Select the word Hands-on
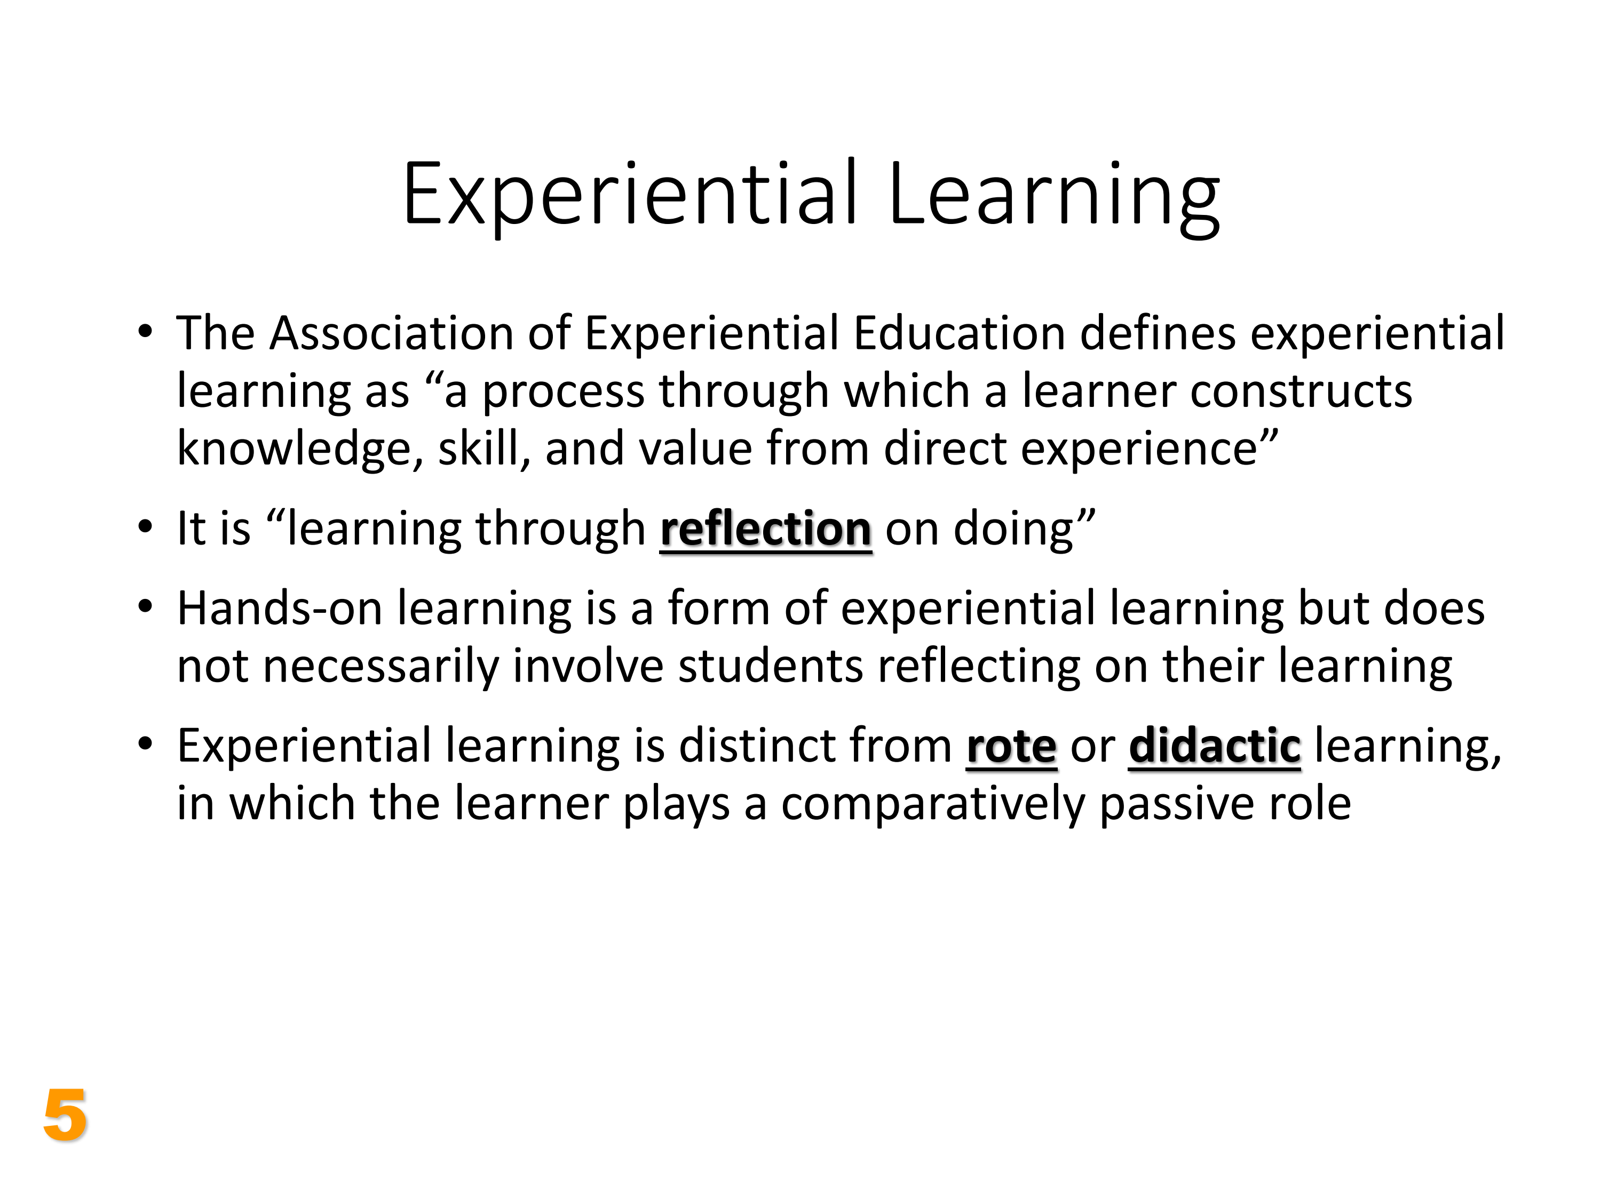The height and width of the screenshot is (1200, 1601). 280,609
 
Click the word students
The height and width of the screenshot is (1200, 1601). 770,666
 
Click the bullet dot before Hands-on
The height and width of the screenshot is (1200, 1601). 146,607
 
